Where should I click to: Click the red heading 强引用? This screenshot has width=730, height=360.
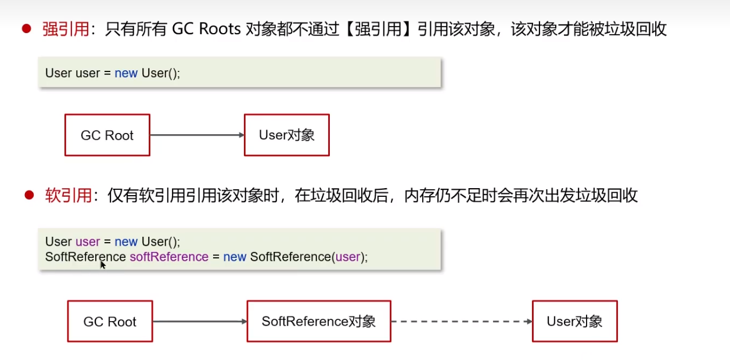coord(66,29)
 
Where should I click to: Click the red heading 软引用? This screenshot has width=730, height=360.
coord(69,196)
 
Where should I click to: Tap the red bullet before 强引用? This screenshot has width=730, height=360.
coord(26,28)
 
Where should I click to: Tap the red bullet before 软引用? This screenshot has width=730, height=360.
coord(29,195)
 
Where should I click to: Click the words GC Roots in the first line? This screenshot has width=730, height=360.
coord(206,29)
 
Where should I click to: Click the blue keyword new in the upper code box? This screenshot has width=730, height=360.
coord(126,73)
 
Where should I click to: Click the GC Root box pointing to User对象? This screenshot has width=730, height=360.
coord(107,135)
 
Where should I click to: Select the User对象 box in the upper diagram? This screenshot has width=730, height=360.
coord(287,135)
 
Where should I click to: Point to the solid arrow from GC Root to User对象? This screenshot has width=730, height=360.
coord(197,135)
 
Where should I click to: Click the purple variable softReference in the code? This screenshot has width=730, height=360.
coord(169,257)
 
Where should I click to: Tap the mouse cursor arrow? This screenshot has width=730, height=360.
coord(103,265)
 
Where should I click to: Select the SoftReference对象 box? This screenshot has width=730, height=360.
coord(319,321)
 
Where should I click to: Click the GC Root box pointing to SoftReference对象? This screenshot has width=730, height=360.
coord(110,321)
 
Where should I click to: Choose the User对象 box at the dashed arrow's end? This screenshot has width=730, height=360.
coord(575,321)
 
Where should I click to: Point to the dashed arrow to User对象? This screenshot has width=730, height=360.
coord(462,322)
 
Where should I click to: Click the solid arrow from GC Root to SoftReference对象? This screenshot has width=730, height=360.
coord(200,322)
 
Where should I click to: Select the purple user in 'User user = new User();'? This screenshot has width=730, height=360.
coord(88,242)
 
